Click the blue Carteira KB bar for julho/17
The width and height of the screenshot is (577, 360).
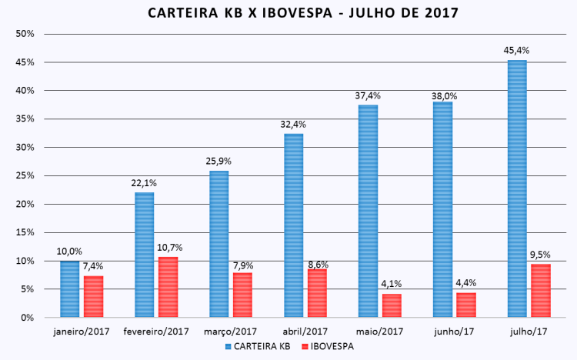(x=517, y=188)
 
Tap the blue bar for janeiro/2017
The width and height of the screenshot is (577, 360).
(x=70, y=288)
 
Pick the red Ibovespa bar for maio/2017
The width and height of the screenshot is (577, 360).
(x=392, y=305)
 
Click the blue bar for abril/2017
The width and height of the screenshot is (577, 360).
(x=293, y=225)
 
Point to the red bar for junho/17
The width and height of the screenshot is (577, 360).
(x=466, y=305)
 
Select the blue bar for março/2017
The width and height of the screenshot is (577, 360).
(x=218, y=244)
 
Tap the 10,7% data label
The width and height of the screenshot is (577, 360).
(x=168, y=248)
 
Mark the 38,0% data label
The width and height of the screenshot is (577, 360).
(x=442, y=96)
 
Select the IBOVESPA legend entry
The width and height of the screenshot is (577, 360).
(x=331, y=346)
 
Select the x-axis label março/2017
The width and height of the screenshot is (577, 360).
(x=231, y=332)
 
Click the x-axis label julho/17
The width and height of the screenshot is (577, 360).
(x=528, y=332)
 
